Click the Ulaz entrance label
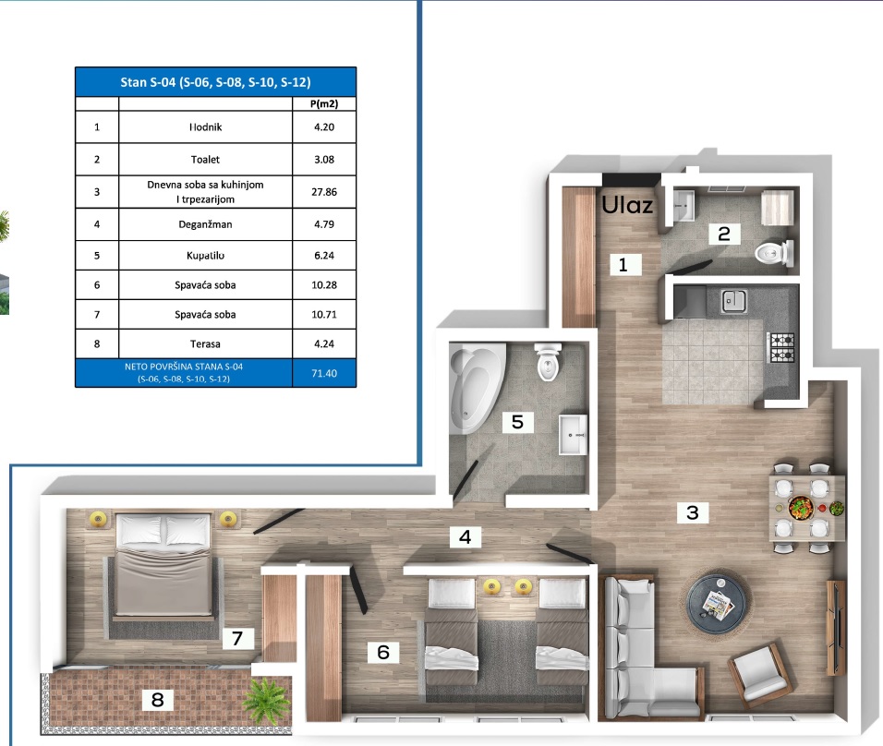tap(628, 205)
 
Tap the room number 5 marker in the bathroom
tap(517, 422)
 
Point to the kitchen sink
tap(735, 299)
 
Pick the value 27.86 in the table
tap(323, 191)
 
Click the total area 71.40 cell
tap(323, 373)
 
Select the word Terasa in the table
tap(205, 345)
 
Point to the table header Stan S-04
tap(214, 82)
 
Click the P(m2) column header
tap(323, 104)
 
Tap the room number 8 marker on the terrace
tap(157, 700)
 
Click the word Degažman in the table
tap(205, 223)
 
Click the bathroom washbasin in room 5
tap(573, 434)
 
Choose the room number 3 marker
tap(691, 512)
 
